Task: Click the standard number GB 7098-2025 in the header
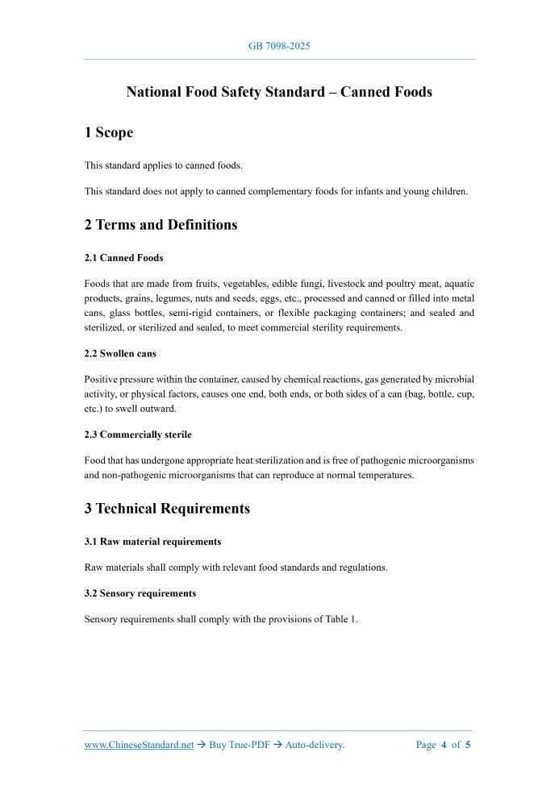[279, 46]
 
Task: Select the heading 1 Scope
[109, 132]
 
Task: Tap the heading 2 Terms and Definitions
[161, 225]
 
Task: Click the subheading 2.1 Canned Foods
[123, 258]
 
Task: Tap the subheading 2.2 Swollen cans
[120, 353]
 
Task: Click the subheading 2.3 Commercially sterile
[138, 434]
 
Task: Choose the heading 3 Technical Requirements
[167, 509]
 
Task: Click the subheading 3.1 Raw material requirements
[152, 541]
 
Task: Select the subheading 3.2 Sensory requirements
[140, 592]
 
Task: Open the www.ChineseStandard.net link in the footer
[139, 745]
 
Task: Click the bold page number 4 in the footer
[444, 745]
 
